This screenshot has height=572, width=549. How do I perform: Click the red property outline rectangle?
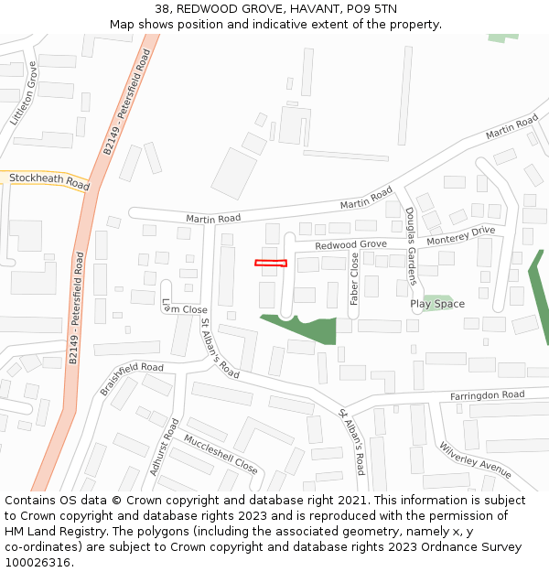click(270, 264)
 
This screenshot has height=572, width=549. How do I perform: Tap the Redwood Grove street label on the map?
click(350, 245)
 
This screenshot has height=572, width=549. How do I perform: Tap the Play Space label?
click(436, 304)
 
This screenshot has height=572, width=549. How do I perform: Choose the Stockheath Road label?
click(49, 180)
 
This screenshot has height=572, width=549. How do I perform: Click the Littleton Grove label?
click(25, 93)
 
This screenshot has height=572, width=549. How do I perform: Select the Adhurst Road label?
click(164, 448)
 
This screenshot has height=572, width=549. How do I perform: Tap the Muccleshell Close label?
click(221, 452)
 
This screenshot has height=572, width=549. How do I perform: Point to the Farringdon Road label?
click(487, 395)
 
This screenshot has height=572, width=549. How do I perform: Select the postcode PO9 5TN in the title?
click(371, 9)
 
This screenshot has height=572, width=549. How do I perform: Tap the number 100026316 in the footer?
click(38, 562)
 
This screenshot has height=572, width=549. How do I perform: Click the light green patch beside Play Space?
click(437, 302)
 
